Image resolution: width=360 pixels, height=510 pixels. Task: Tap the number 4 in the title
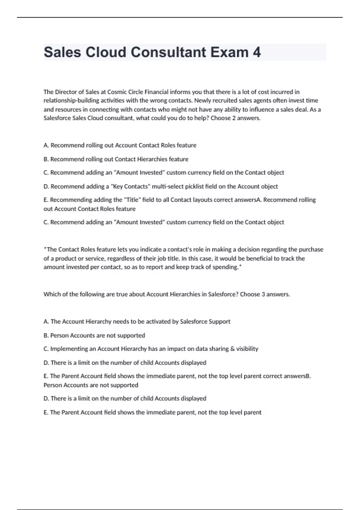point(257,52)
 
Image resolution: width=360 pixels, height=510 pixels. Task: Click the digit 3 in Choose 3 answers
point(263,294)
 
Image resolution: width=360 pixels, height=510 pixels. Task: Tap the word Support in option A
point(219,322)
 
